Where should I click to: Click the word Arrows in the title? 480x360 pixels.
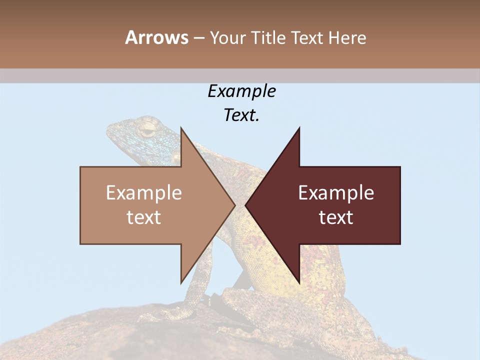pos(156,37)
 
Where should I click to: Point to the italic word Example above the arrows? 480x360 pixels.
pos(241,91)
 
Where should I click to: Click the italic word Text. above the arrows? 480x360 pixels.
pos(241,115)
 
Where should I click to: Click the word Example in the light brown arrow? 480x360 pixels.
pos(144,193)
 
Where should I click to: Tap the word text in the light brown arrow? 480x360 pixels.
pos(144,217)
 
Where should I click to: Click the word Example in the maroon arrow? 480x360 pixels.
pos(336,193)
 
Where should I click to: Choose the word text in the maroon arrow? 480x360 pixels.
pos(336,217)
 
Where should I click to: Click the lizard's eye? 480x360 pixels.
pos(147,131)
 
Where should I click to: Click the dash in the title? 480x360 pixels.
pos(198,38)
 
